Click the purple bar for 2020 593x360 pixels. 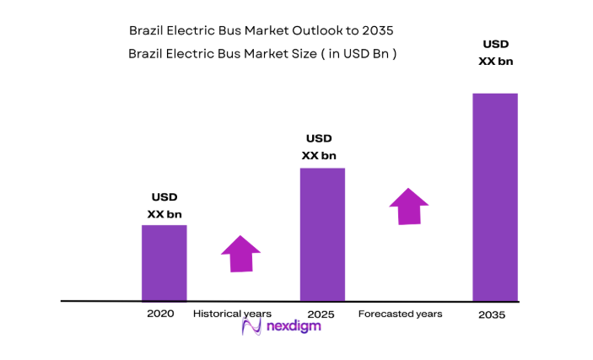(x=164, y=262)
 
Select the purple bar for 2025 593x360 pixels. (x=322, y=234)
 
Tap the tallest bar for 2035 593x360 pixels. (x=494, y=196)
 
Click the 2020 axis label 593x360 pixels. (x=160, y=313)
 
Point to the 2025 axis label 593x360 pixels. (x=321, y=314)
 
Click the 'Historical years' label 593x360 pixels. (x=233, y=314)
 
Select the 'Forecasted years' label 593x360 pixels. (x=400, y=314)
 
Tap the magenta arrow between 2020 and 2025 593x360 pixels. (x=241, y=253)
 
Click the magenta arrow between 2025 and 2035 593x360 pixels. (x=408, y=207)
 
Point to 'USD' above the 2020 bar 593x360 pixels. (x=164, y=197)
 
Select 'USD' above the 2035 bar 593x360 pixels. (x=495, y=44)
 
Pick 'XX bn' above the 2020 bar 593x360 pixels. (x=164, y=214)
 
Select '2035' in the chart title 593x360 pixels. (x=377, y=30)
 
